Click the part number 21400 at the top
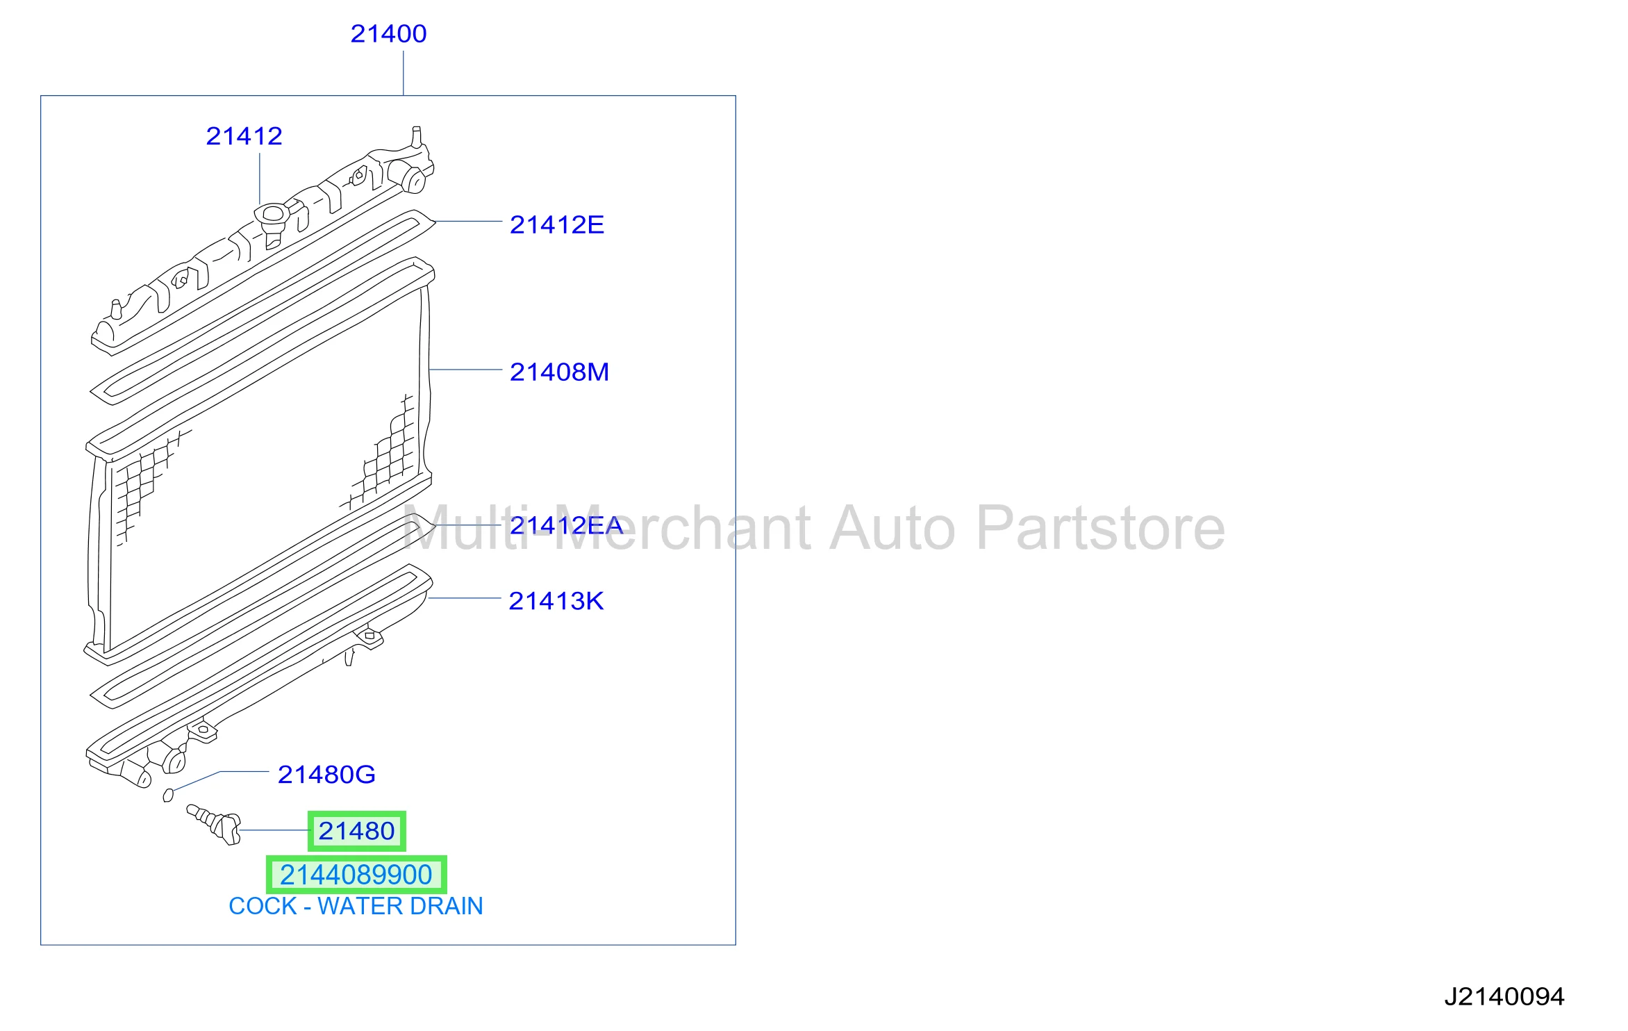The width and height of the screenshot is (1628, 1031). (388, 33)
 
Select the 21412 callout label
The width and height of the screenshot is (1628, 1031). (244, 135)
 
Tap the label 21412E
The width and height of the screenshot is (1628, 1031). (557, 224)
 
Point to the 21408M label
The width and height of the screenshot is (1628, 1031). (559, 372)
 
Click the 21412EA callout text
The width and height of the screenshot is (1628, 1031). (566, 525)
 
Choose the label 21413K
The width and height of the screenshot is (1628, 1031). (556, 601)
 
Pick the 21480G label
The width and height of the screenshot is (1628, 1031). (326, 774)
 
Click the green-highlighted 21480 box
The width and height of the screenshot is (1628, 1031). (357, 831)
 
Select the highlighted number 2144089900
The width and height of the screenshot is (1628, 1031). (356, 875)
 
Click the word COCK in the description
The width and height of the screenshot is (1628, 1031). (263, 906)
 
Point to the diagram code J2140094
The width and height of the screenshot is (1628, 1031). (1504, 997)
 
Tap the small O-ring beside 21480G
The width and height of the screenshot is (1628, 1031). (168, 795)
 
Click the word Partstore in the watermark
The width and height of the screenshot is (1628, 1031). (1101, 529)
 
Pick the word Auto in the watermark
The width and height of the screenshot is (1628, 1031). (892, 529)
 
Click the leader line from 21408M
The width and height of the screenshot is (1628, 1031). (465, 370)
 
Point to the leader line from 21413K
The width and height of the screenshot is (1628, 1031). (464, 597)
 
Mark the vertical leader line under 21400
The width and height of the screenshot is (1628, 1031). (404, 73)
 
